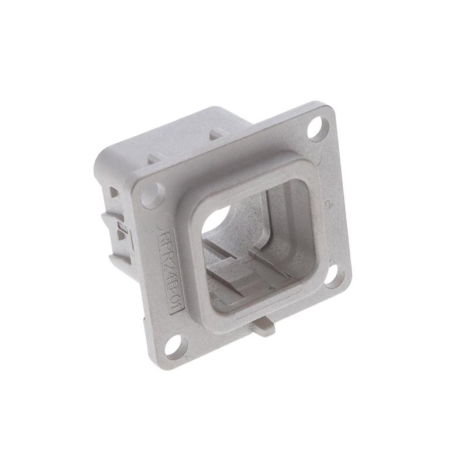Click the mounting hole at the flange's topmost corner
click(318, 128)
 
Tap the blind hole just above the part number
click(153, 195)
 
